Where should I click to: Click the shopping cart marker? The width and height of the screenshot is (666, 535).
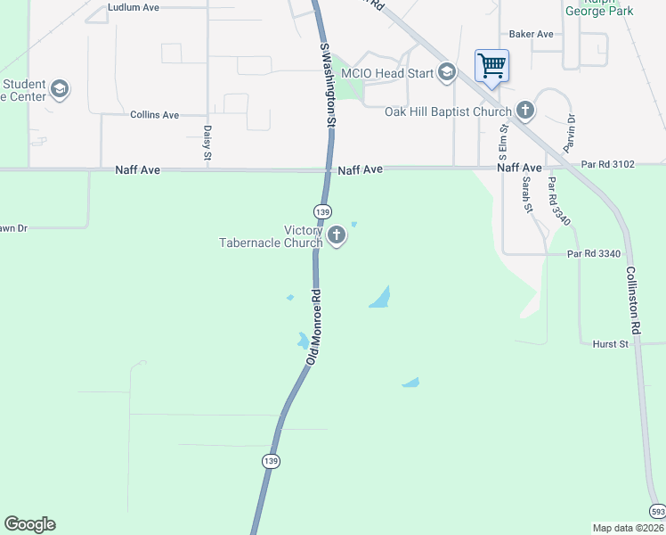[491, 65]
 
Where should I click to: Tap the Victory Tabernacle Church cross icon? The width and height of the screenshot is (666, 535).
[337, 235]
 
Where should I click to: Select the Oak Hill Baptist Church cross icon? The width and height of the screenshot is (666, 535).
[525, 111]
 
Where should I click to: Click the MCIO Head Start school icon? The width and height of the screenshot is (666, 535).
[446, 73]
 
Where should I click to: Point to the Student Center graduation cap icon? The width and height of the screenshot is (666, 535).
[60, 88]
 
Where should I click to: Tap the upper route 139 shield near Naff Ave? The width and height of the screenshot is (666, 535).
[322, 211]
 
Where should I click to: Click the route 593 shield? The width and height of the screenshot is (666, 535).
[657, 511]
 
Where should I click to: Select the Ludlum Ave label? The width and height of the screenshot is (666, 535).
[133, 7]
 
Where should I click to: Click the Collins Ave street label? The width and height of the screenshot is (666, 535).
[154, 115]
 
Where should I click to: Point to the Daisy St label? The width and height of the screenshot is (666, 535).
[207, 143]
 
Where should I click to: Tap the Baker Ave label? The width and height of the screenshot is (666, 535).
[532, 35]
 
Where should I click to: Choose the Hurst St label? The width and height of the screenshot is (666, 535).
[611, 343]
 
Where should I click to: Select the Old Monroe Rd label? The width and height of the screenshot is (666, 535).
[313, 326]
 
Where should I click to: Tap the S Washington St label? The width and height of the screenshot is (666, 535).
[327, 85]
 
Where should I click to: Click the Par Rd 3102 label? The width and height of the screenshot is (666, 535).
[608, 164]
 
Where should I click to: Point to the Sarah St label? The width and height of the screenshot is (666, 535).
[527, 194]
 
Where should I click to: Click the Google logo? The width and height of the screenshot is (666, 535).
[29, 524]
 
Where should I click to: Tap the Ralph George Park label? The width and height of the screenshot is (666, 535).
[598, 9]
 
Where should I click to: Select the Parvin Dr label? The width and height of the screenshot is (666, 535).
[571, 131]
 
